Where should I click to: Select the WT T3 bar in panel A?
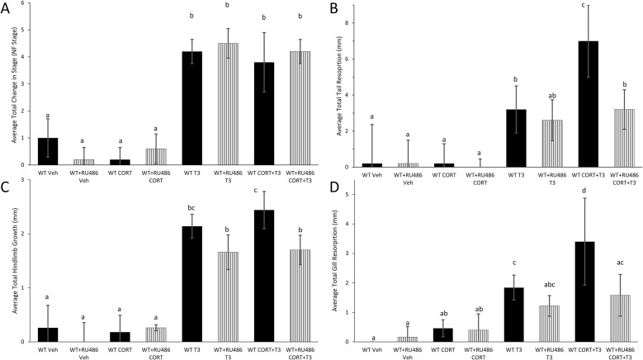coord(192,107)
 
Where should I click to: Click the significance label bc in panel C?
coord(192,209)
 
